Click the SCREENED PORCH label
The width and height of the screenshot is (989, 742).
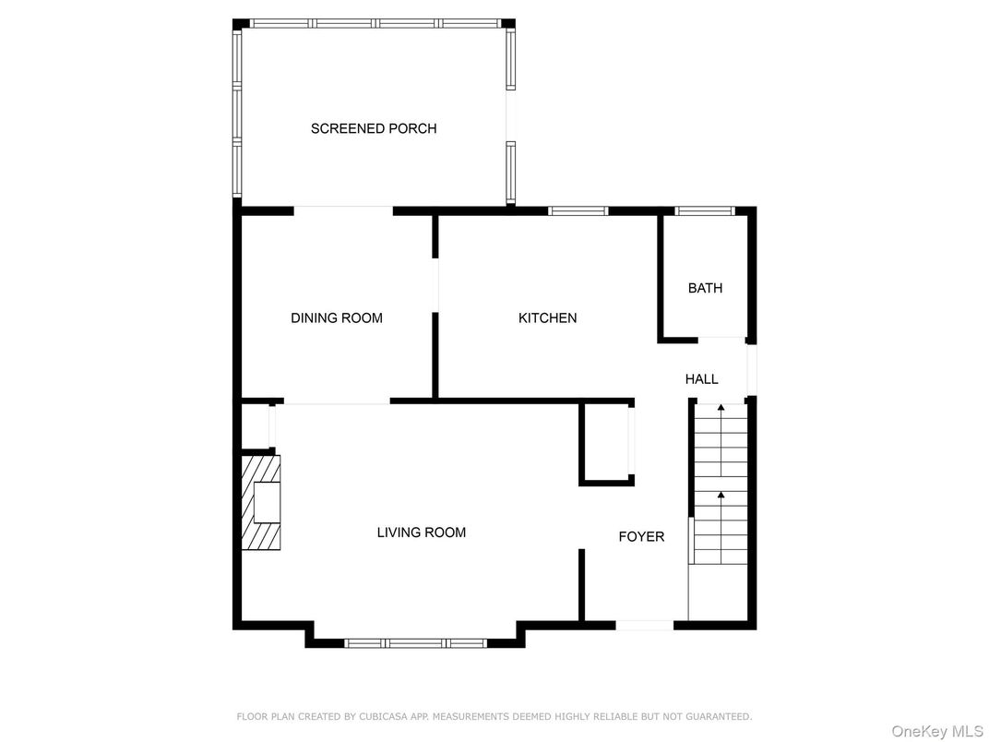pos(374,128)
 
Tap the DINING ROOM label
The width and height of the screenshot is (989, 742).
pos(336,318)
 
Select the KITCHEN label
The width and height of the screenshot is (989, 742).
pos(547,318)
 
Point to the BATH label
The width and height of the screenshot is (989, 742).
pos(705,288)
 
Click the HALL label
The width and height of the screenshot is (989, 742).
pos(701,379)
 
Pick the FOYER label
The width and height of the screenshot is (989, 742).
pos(641,537)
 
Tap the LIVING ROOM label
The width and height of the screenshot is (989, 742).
pos(422,533)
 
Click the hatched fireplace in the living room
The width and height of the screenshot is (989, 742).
pos(261,502)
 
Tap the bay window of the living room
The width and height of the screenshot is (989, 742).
pos(416,643)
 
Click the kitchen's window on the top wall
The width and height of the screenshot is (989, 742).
pos(578,210)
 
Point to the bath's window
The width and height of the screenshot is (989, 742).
pos(705,210)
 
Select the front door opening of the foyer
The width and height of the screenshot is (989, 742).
pos(645,626)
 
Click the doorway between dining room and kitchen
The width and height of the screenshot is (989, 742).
pos(435,285)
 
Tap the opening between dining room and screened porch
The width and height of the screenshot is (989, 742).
pos(344,210)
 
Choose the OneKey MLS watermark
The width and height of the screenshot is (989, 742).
pos(937,732)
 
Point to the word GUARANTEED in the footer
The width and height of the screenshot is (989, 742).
pos(719,717)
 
